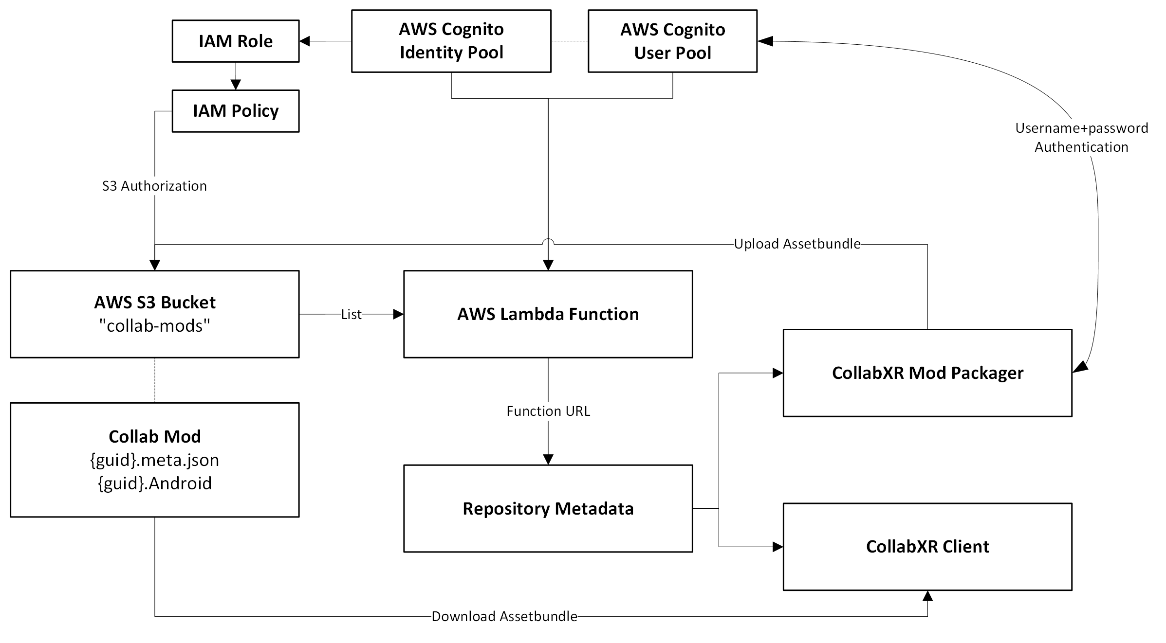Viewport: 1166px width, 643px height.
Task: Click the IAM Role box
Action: pyautogui.click(x=235, y=41)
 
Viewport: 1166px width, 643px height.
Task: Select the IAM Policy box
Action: pyautogui.click(x=235, y=111)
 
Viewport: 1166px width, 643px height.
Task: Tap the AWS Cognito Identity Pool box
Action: pyautogui.click(x=451, y=41)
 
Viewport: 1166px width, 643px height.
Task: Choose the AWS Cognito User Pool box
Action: pyautogui.click(x=672, y=41)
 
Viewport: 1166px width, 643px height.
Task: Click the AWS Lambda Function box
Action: pyautogui.click(x=548, y=314)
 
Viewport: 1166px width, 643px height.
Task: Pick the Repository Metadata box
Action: pyautogui.click(x=548, y=508)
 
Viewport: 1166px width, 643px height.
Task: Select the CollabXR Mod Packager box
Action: pyautogui.click(x=927, y=373)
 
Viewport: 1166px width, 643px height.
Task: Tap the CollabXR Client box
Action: pyautogui.click(x=927, y=547)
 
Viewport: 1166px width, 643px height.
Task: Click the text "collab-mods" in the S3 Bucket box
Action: pyautogui.click(x=154, y=325)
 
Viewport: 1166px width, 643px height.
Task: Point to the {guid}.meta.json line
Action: pyautogui.click(x=154, y=460)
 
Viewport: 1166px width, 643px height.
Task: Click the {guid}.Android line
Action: pyautogui.click(x=154, y=483)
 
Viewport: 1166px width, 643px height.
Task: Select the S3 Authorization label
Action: pyautogui.click(x=154, y=186)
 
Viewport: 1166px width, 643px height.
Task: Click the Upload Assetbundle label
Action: pyautogui.click(x=797, y=244)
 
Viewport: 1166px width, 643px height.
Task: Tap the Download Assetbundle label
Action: pyautogui.click(x=504, y=616)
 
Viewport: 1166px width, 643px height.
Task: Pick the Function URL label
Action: pyautogui.click(x=548, y=411)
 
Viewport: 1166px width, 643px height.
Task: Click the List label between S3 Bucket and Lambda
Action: pyautogui.click(x=351, y=314)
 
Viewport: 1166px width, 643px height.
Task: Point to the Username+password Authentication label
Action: pyautogui.click(x=1081, y=137)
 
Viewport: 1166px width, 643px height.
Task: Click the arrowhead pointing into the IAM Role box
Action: pyautogui.click(x=305, y=41)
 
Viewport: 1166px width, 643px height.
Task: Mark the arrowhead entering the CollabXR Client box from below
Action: pyautogui.click(x=927, y=596)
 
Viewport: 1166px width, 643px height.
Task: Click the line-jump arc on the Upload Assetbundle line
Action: pyautogui.click(x=548, y=241)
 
